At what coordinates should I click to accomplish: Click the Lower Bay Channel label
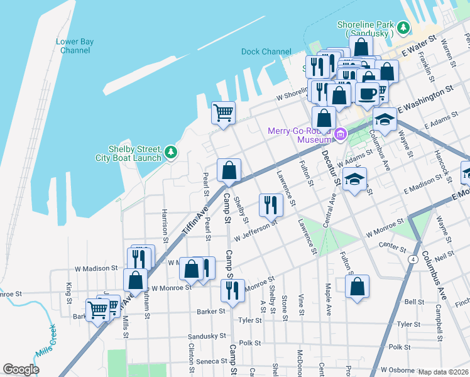(x=75, y=46)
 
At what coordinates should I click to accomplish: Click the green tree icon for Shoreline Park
(x=402, y=29)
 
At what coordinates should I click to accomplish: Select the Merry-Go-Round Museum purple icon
(x=341, y=133)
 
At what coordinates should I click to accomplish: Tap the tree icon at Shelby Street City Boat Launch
(x=170, y=153)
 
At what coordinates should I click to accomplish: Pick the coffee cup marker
(x=367, y=94)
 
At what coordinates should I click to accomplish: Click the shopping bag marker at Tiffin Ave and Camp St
(x=229, y=170)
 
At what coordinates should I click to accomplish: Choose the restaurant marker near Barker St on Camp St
(x=232, y=290)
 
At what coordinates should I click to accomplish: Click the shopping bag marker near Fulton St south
(x=357, y=287)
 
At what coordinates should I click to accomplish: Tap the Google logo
(x=21, y=369)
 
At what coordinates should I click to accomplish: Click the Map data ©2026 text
(x=443, y=372)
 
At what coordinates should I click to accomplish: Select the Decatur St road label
(x=330, y=167)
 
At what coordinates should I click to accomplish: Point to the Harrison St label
(x=165, y=226)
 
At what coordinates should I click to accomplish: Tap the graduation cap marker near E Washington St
(x=385, y=117)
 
